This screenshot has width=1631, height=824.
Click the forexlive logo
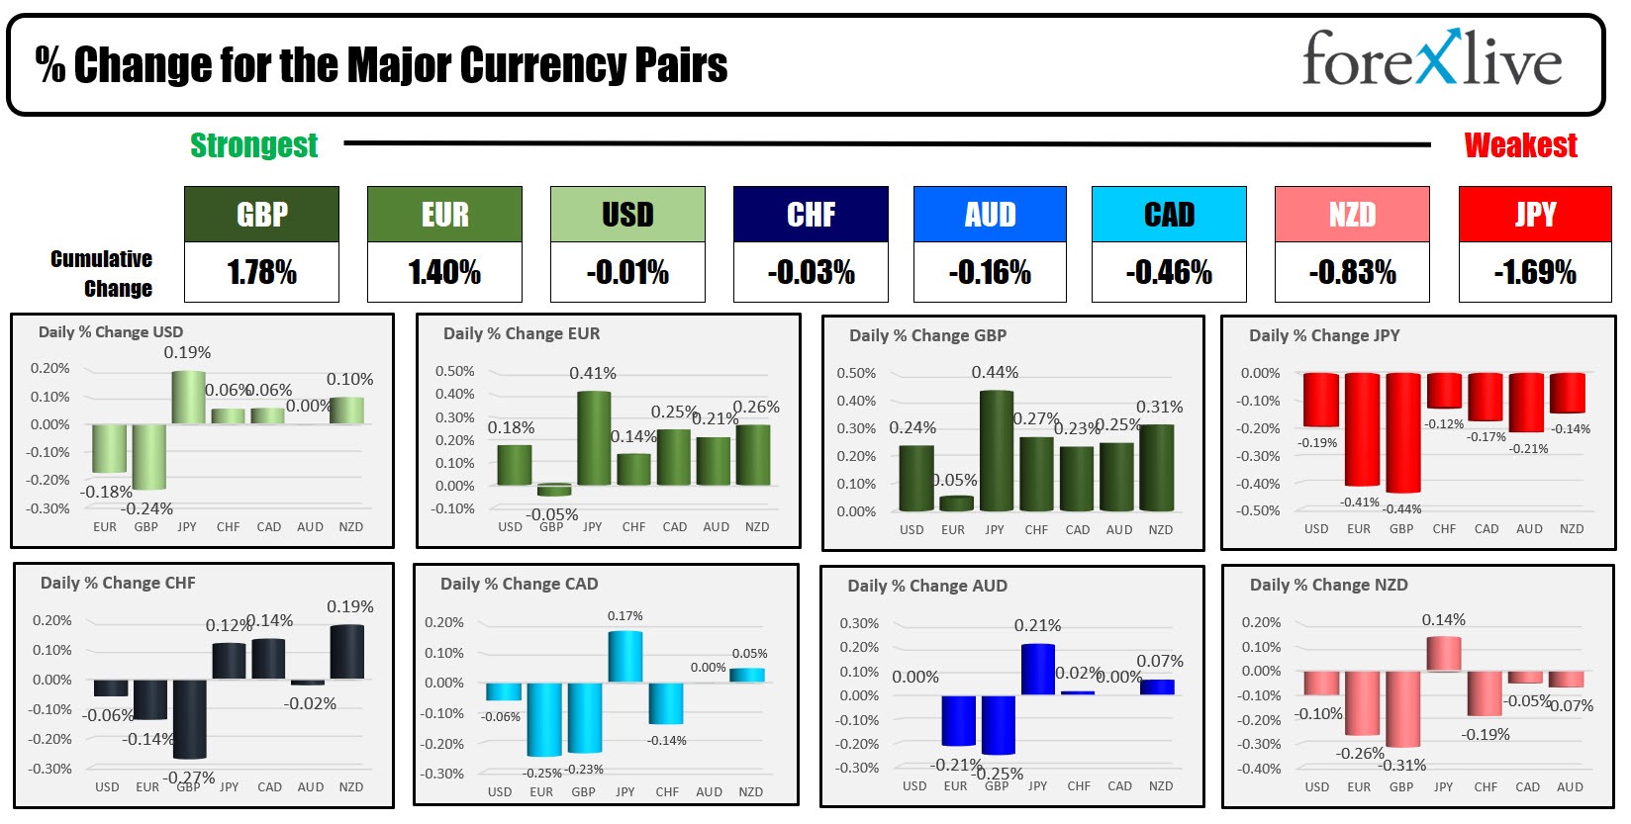(x=1431, y=59)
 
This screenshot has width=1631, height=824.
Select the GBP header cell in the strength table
(x=261, y=215)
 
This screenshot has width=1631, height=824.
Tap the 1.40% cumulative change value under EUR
(x=444, y=272)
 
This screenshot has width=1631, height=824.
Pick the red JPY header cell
(x=1535, y=215)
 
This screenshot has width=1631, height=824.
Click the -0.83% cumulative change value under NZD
(x=1352, y=272)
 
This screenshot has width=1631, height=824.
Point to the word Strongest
(x=253, y=145)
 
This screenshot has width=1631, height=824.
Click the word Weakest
(x=1520, y=145)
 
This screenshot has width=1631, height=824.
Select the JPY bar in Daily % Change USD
(x=188, y=398)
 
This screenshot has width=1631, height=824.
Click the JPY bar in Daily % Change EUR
(x=593, y=437)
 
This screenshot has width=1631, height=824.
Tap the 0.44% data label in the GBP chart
(x=995, y=373)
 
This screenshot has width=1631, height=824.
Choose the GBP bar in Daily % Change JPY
(x=1402, y=432)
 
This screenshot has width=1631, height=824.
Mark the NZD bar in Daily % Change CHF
(x=347, y=652)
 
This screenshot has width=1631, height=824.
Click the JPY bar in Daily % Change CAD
(x=624, y=657)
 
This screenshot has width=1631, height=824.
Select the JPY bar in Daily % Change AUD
(x=1037, y=670)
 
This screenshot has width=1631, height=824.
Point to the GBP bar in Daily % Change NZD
(x=1402, y=708)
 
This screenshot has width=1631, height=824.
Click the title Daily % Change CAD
(x=519, y=584)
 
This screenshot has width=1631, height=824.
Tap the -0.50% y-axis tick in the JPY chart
(x=1260, y=511)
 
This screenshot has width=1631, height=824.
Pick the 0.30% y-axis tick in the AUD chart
(x=858, y=624)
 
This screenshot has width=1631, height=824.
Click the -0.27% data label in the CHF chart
(x=190, y=778)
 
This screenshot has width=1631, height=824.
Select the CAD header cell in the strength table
(x=1169, y=215)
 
